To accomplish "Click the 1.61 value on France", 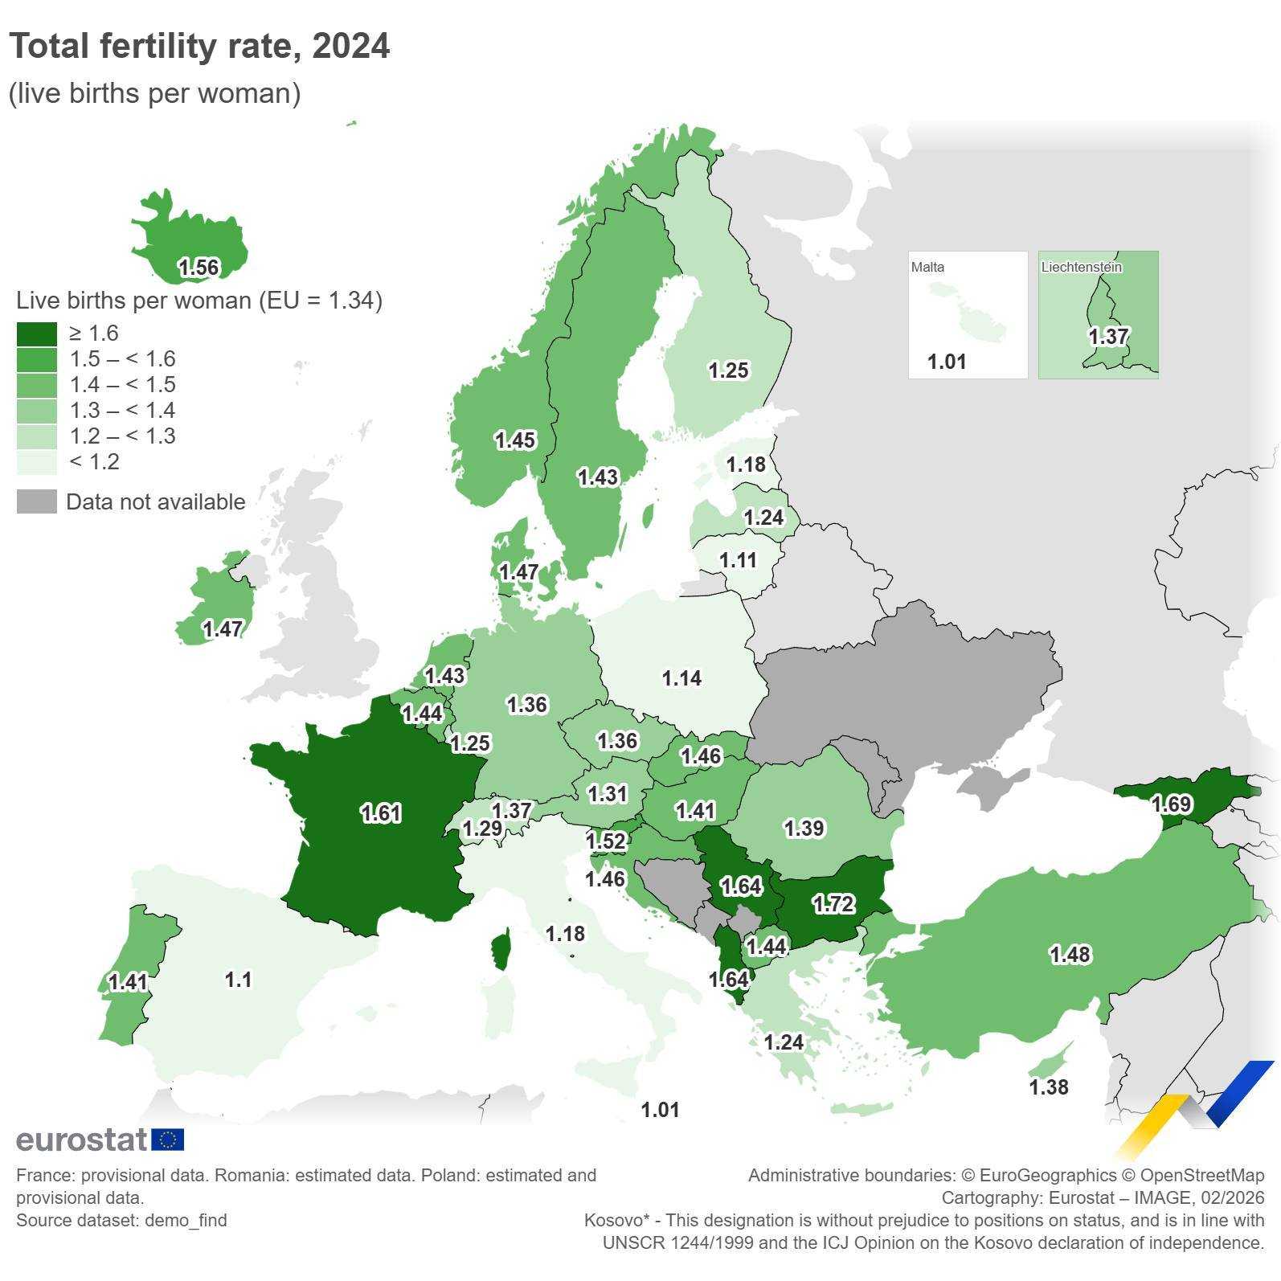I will coord(381,813).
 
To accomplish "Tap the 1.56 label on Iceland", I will coord(198,268).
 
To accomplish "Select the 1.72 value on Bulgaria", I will coord(833,904).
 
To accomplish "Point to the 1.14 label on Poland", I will coord(681,678).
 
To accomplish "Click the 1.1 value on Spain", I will coord(238,980).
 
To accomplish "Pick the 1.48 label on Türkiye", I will coord(1070,955).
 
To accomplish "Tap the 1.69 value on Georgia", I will coord(1172,804).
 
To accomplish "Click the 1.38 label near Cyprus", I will coord(1049,1087).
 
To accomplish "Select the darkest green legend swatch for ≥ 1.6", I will coord(37,334).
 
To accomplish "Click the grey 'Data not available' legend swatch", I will coord(37,501).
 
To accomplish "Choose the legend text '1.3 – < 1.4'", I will coord(122,411).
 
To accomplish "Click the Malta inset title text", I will coord(927,267).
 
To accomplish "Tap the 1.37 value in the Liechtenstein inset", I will coord(1108,336).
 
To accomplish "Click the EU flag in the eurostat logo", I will coord(167,1140).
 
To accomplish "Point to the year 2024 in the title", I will coord(351,46).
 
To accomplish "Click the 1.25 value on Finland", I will coord(728,370).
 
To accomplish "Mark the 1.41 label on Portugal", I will coord(128,982).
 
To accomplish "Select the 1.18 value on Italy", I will coord(565,934).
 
